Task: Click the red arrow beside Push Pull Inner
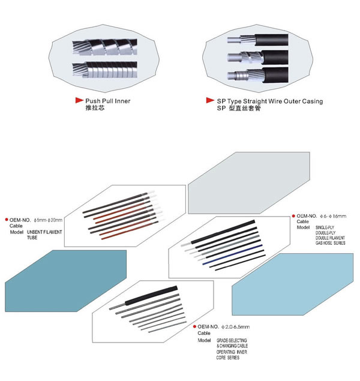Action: click(79, 101)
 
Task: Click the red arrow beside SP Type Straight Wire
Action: click(210, 101)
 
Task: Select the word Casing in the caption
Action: click(311, 101)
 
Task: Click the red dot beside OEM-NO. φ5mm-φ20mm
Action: click(7, 220)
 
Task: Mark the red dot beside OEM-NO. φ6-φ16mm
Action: click(293, 215)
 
